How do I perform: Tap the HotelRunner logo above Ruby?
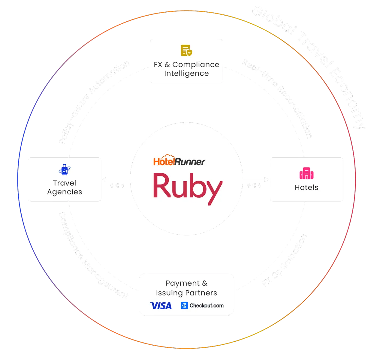point(179,161)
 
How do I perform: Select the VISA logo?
point(161,306)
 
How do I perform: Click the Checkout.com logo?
point(202,306)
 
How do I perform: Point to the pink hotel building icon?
point(306,173)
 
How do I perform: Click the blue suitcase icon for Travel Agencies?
point(64,170)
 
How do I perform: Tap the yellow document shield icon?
point(186,51)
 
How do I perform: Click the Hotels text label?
point(306,187)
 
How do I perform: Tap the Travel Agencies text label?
point(65,187)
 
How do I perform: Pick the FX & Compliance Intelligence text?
point(186,69)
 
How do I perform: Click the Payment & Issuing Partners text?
point(186,288)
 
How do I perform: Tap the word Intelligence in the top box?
point(186,73)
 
